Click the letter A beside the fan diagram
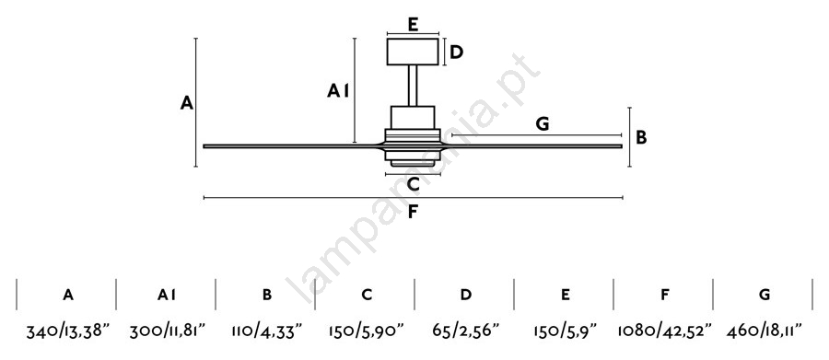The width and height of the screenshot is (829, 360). (x=187, y=102)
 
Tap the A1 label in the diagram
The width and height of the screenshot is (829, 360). (x=338, y=91)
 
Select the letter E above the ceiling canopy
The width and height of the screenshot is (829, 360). (x=414, y=24)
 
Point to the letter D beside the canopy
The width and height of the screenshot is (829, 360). (x=456, y=52)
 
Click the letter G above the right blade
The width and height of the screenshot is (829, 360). (x=543, y=124)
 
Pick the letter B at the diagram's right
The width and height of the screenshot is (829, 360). (x=641, y=137)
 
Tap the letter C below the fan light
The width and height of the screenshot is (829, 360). (x=414, y=184)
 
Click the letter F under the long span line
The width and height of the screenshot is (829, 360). (x=414, y=212)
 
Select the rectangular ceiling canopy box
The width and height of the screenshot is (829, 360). (x=413, y=52)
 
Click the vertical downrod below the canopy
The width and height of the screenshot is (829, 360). (x=413, y=86)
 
